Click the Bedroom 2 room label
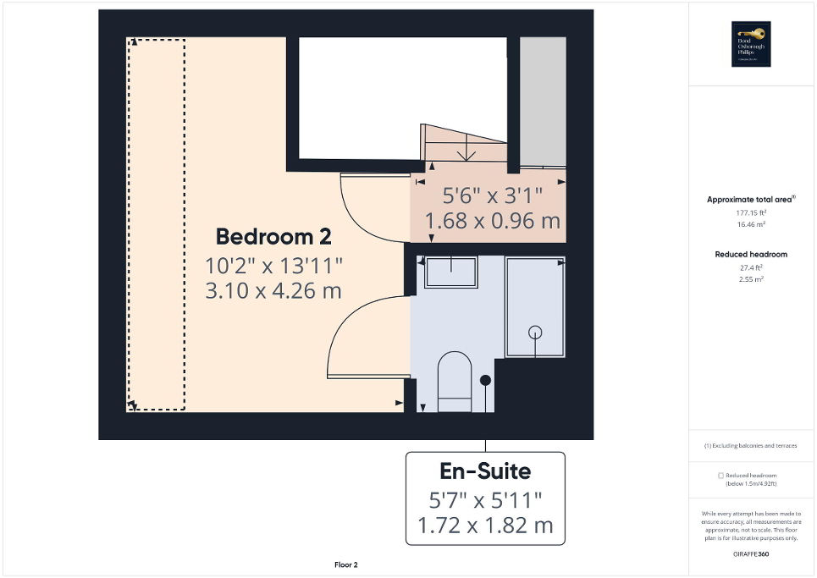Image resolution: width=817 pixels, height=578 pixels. tap(273, 236)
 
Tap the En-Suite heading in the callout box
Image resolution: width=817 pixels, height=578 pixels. tap(484, 471)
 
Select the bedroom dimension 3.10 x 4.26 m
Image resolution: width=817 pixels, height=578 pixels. tap(273, 291)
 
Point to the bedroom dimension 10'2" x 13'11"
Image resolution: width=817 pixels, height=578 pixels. tap(273, 265)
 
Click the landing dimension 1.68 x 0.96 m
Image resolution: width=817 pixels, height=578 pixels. tap(492, 222)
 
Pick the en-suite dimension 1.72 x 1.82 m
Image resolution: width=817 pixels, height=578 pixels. tap(484, 526)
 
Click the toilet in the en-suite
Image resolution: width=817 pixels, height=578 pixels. tap(454, 382)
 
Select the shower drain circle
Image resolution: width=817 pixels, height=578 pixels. tap(534, 332)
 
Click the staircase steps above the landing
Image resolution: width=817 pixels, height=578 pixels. tap(464, 145)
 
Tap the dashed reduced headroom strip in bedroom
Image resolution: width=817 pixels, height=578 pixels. tap(156, 224)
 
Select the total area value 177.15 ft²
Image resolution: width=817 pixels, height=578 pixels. tap(751, 213)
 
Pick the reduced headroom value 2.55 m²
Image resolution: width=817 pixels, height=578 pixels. tap(751, 278)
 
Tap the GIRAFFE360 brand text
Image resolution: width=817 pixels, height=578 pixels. tap(751, 553)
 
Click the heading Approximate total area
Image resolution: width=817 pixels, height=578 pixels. tap(750, 200)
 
